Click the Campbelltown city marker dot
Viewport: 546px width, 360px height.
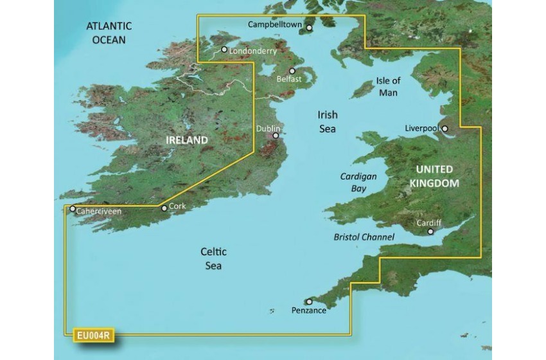point(309,28)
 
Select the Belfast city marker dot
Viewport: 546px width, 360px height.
point(292,71)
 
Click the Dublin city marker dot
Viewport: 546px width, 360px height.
point(276,136)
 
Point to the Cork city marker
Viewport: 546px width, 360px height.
point(164,208)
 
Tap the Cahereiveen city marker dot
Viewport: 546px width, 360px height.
point(73,209)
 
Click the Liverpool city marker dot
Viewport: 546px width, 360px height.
point(445,129)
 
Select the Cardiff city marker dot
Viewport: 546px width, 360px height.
point(431,231)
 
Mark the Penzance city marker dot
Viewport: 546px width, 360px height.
point(309,301)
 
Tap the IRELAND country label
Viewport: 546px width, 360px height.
point(187,140)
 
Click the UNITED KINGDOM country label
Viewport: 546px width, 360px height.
point(435,176)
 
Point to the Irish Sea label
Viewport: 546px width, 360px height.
point(327,122)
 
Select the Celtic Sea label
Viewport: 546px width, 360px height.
point(213,258)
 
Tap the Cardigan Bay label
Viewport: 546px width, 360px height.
point(358,182)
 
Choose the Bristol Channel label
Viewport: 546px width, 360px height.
point(364,237)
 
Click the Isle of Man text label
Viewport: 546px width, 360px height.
point(388,87)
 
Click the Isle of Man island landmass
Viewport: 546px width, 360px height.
point(363,88)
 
